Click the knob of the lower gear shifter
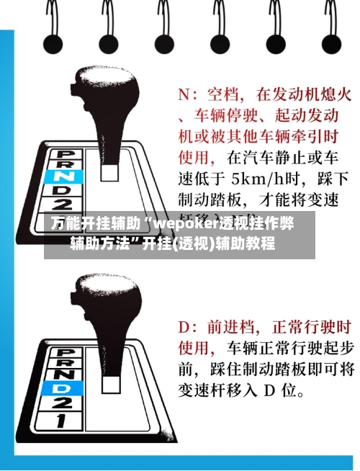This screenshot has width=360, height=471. [104, 302]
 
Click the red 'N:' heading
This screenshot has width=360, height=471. [189, 94]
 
